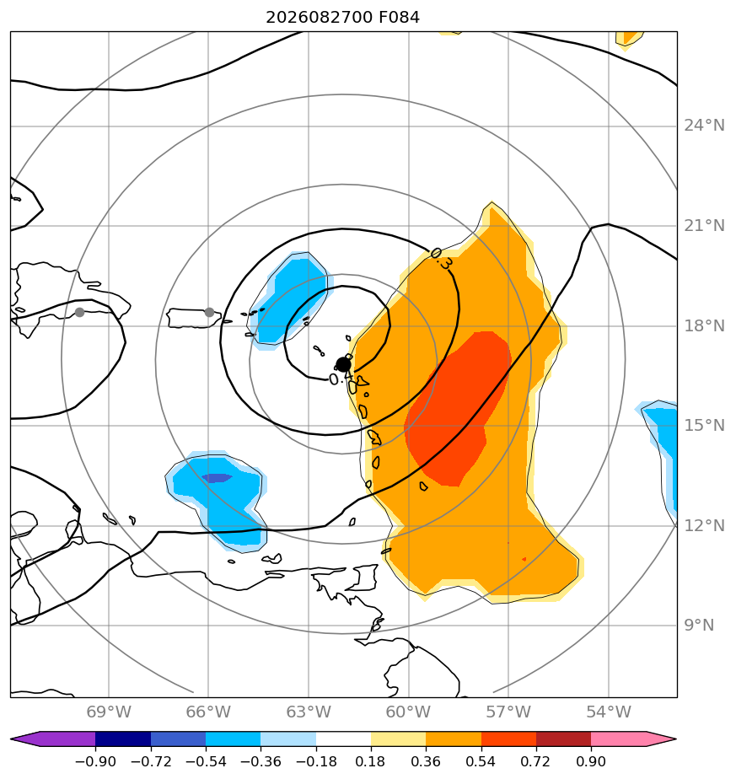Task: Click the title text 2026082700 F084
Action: click(x=342, y=18)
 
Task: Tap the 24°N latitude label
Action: click(x=704, y=125)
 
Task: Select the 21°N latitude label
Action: click(x=704, y=226)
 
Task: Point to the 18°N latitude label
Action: click(x=704, y=326)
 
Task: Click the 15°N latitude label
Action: click(x=704, y=425)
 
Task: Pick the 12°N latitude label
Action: click(x=704, y=525)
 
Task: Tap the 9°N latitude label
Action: click(x=699, y=625)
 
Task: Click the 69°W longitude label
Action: click(x=109, y=712)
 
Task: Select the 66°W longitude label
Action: click(x=208, y=712)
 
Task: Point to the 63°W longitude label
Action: click(x=308, y=712)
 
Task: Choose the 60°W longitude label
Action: click(x=408, y=712)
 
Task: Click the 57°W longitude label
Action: click(x=508, y=712)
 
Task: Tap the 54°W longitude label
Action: click(x=609, y=712)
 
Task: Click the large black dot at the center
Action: click(x=343, y=365)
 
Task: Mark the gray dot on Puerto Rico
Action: click(x=209, y=313)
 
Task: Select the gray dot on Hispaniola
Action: click(x=79, y=313)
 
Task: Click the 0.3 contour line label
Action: click(x=441, y=258)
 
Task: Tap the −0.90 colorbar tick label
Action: click(x=95, y=761)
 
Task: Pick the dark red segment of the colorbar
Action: click(x=563, y=739)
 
